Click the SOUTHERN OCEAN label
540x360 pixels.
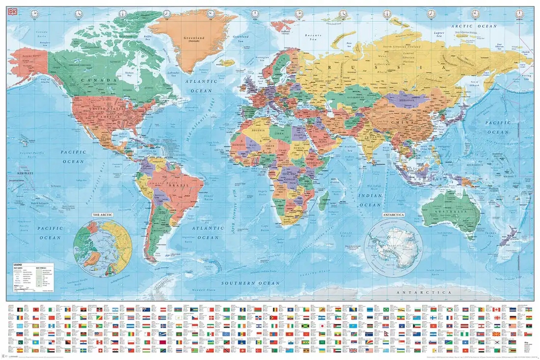tap(250, 283)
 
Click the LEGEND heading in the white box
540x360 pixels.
tap(17, 264)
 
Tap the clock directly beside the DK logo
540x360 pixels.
tap(34, 14)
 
